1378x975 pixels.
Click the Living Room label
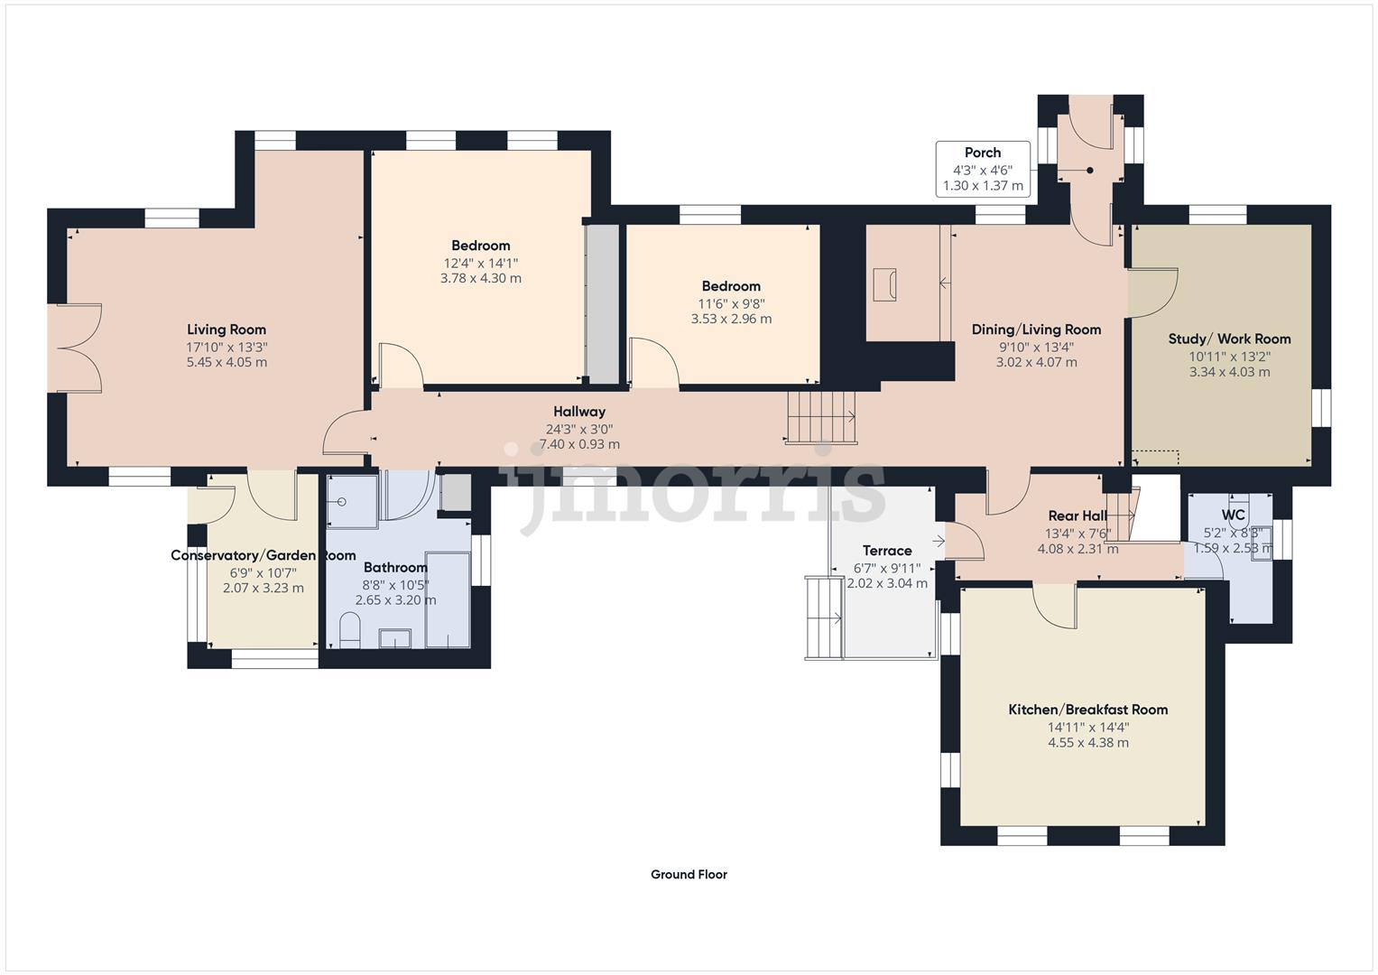click(x=227, y=330)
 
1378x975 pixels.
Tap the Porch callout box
click(x=983, y=169)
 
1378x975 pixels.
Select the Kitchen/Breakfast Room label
click(x=1087, y=710)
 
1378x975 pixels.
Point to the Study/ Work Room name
click(x=1229, y=339)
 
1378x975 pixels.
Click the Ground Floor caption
click(x=689, y=874)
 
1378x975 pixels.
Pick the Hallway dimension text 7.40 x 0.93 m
click(x=579, y=444)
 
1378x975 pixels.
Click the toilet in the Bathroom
click(x=349, y=630)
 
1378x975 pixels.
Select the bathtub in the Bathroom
click(x=448, y=599)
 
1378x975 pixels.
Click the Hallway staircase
click(x=820, y=416)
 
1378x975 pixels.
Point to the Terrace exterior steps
click(x=824, y=618)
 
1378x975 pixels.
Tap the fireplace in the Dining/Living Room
click(x=884, y=284)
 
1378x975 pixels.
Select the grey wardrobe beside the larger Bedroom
click(x=603, y=304)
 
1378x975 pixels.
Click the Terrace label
click(x=887, y=551)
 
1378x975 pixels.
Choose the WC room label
click(x=1233, y=515)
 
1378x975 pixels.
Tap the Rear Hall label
click(x=1077, y=516)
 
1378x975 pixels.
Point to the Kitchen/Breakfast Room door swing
click(x=1054, y=604)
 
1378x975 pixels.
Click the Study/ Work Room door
click(x=1152, y=292)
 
